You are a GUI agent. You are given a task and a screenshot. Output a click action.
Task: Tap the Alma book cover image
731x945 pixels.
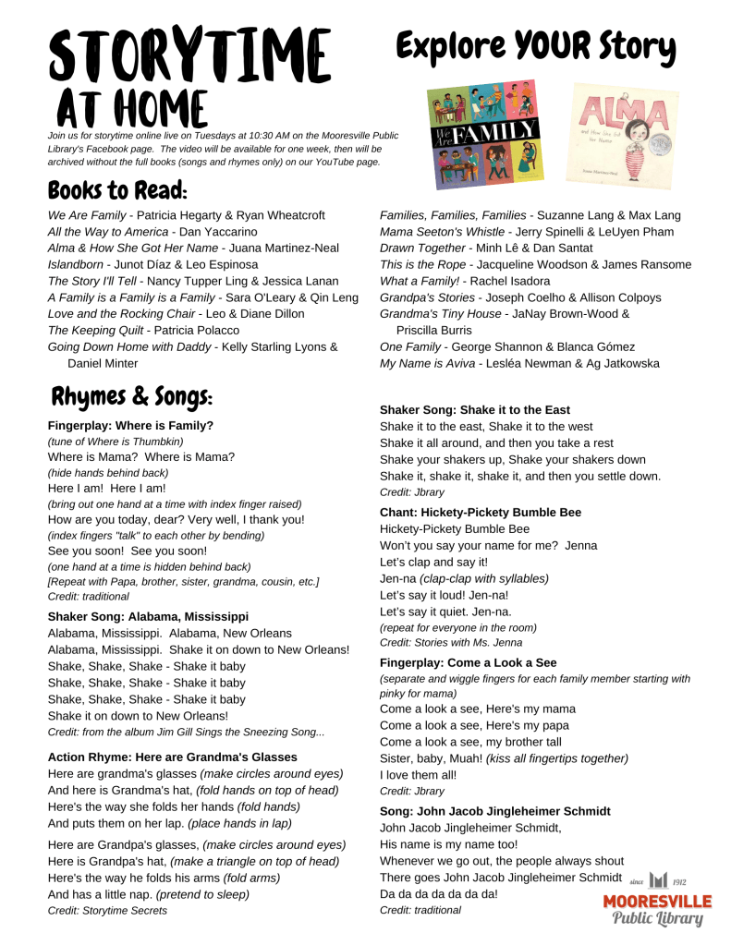click(x=614, y=133)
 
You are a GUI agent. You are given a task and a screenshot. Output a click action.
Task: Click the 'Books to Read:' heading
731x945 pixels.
click(x=117, y=191)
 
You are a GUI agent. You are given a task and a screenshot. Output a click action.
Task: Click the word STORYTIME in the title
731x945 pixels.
click(x=189, y=55)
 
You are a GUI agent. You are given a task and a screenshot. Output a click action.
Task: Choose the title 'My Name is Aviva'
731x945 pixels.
click(x=425, y=364)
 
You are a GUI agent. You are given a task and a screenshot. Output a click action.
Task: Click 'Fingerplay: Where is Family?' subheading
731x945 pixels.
click(x=130, y=426)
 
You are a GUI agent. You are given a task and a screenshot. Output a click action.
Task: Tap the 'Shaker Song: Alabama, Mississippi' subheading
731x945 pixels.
click(x=148, y=616)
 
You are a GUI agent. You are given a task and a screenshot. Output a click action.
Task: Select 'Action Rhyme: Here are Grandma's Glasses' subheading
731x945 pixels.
click(x=171, y=757)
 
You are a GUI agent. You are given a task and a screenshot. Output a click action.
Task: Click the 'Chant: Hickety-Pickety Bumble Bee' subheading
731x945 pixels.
click(x=480, y=513)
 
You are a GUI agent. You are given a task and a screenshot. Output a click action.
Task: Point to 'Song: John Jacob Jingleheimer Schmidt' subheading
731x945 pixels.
click(x=494, y=811)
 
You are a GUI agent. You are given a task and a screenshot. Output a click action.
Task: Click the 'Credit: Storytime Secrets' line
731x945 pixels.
click(x=107, y=911)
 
